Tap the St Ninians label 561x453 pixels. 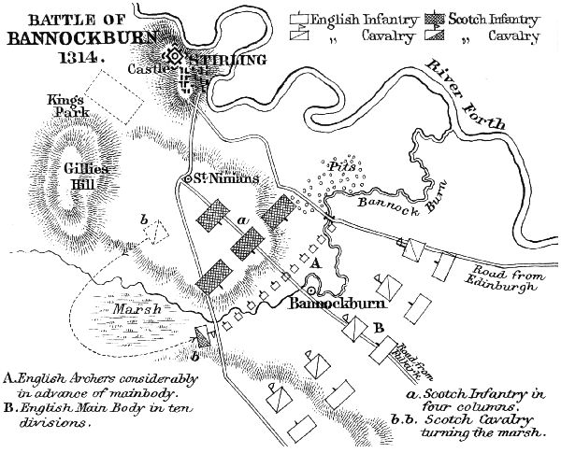pos(222,178)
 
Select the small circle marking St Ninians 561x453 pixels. pos(188,178)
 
